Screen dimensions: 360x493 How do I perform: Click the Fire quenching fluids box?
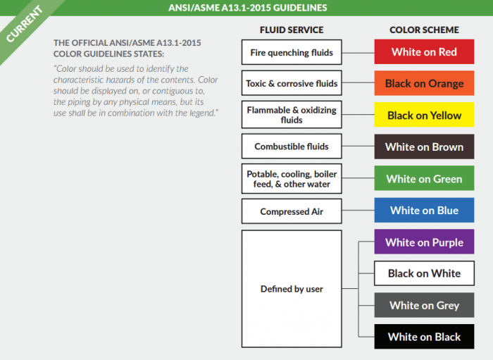tap(292, 52)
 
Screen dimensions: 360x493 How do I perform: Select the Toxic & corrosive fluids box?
tap(292, 83)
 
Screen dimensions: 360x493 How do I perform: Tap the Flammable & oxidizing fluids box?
tap(292, 115)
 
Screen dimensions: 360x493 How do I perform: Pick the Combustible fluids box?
tap(292, 147)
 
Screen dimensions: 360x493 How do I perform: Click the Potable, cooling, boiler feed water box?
tap(292, 179)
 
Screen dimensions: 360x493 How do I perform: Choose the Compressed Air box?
tap(292, 211)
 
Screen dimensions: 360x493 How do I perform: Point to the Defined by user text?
tap(292, 289)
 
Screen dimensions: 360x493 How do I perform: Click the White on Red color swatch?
tap(424, 52)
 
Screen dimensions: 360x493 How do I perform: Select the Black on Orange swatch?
tap(424, 83)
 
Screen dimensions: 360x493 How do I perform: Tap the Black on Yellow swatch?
tap(424, 115)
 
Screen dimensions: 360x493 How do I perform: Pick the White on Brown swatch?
tap(424, 147)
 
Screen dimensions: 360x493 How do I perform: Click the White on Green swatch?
tap(424, 179)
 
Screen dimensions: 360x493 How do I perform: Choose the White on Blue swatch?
tap(424, 210)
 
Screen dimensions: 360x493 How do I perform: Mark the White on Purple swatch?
tap(424, 242)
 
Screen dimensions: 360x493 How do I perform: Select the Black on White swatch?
tap(424, 273)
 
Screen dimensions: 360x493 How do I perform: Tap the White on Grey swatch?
tap(424, 305)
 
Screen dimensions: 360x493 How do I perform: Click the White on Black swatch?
tap(424, 337)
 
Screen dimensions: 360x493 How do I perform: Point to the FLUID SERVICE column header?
tap(292, 30)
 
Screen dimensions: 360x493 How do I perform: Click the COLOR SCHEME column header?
tap(424, 30)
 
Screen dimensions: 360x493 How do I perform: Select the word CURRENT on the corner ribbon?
tap(25, 25)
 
